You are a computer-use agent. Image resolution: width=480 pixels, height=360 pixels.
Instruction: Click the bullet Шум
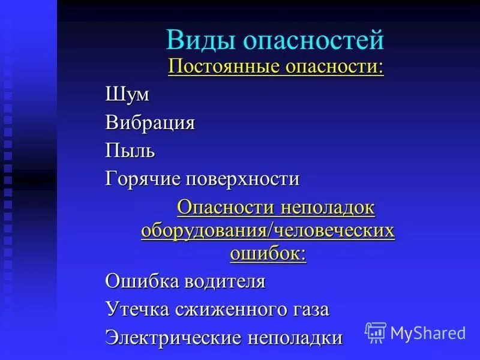point(127,95)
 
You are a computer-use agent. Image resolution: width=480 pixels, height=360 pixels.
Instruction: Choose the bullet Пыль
point(130,151)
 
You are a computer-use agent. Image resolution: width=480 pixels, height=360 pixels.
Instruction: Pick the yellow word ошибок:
point(268,253)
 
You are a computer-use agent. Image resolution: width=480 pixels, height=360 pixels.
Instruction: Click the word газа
point(309,310)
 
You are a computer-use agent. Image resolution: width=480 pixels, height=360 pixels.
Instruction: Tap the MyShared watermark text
point(428,332)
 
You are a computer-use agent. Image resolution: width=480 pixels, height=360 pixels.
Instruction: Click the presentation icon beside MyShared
point(376,332)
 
